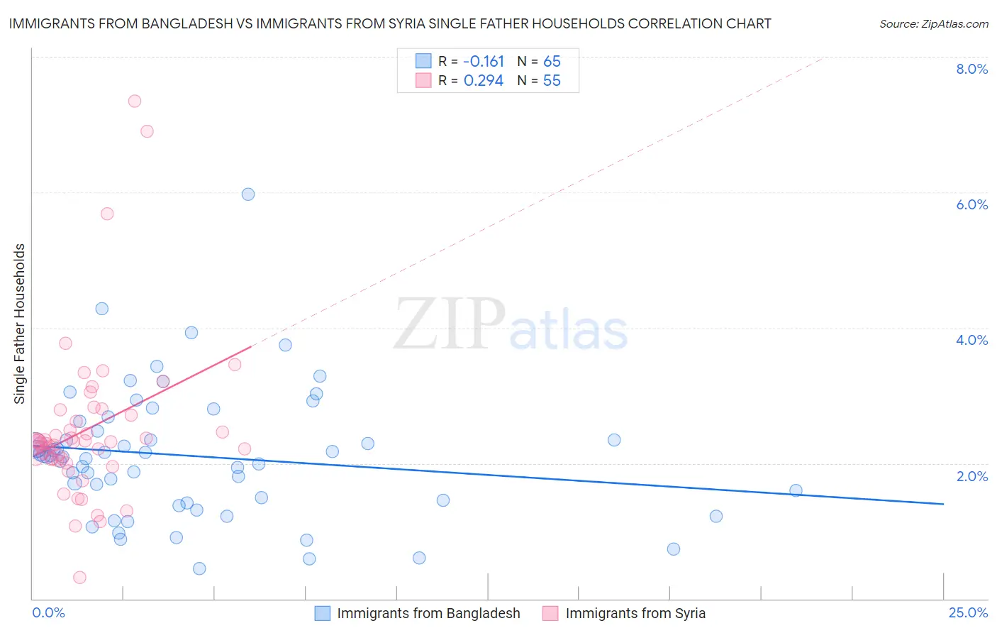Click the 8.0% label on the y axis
click(971, 69)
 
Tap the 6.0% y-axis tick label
click(971, 204)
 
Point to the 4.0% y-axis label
click(971, 340)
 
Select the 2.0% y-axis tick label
click(971, 476)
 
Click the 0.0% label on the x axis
click(48, 612)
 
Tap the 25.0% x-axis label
click(968, 612)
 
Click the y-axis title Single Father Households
click(19, 324)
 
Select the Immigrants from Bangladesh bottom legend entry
click(428, 613)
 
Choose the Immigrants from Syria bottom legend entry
click(635, 613)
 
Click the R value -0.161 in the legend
click(484, 61)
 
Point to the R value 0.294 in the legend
click(483, 81)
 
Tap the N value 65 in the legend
click(552, 61)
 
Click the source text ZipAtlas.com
click(933, 24)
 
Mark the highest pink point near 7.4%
click(135, 101)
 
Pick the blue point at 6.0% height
click(248, 194)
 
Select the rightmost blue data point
click(796, 490)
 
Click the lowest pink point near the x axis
click(80, 578)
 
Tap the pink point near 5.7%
click(107, 214)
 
